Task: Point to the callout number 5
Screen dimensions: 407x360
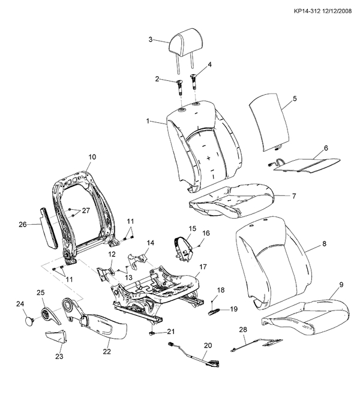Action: click(x=295, y=98)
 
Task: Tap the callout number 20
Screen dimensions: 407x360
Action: click(x=208, y=345)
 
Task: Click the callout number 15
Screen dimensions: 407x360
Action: click(x=192, y=228)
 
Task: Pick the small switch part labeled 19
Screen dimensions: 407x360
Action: click(x=215, y=311)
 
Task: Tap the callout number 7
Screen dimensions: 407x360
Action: click(x=294, y=196)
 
